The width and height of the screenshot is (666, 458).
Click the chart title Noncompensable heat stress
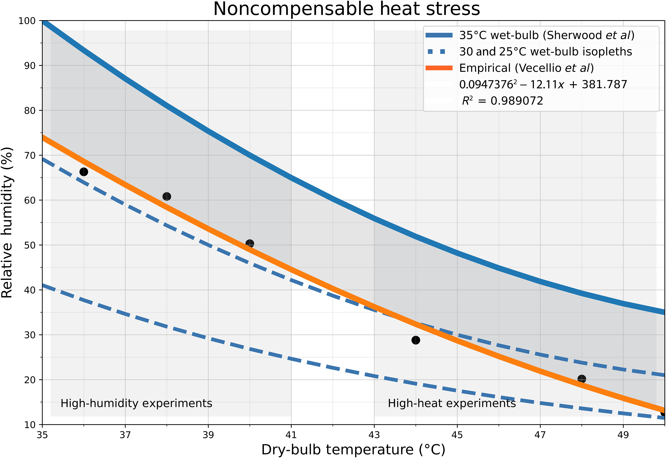346,9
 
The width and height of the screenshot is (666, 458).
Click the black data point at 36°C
84,172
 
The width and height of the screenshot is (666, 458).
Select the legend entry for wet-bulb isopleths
545,52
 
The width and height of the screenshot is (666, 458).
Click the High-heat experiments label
452,403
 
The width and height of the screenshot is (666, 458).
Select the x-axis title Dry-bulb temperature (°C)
353,450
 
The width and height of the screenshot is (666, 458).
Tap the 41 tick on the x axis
291,435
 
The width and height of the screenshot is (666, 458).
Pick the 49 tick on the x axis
623,435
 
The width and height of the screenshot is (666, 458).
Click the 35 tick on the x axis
42,435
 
